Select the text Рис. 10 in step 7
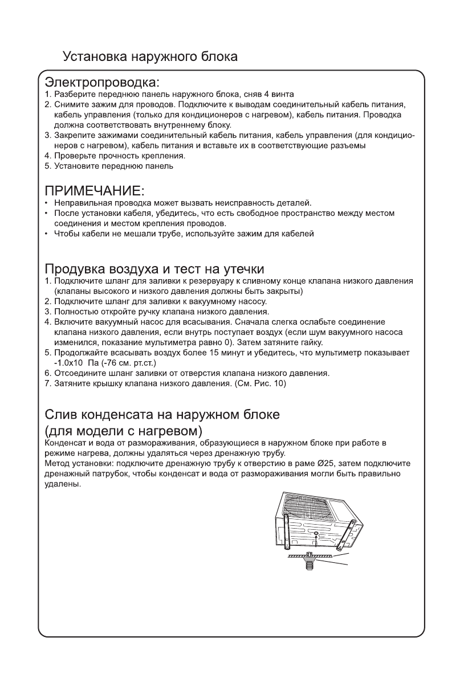(x=271, y=383)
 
